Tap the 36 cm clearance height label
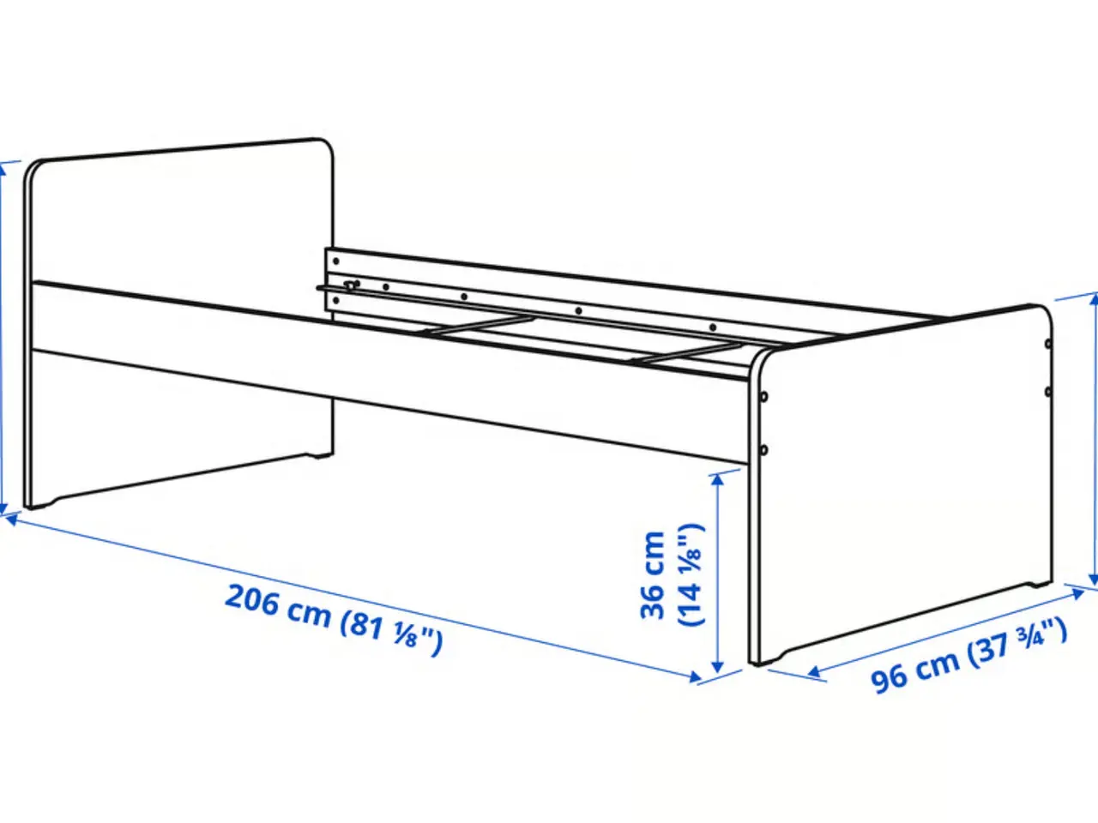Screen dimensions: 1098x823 pos(653,575)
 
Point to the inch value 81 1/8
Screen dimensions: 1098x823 pos(391,634)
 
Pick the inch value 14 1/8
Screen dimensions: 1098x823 pos(691,574)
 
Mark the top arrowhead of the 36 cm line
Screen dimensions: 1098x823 pos(717,480)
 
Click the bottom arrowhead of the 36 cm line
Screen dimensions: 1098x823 pos(717,667)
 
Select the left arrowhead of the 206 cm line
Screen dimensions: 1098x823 pos(13,520)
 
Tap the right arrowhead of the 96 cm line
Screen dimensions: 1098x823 pos(1077,593)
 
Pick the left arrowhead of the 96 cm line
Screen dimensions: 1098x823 pos(814,672)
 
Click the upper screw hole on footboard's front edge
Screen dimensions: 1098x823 pos(764,397)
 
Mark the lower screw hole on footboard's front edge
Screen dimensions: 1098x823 pos(763,450)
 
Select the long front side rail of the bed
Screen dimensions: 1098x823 pos(390,373)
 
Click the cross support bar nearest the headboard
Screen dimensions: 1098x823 pos(478,324)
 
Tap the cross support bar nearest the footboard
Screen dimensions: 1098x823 pos(685,352)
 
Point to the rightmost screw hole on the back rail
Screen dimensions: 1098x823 pos(712,327)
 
